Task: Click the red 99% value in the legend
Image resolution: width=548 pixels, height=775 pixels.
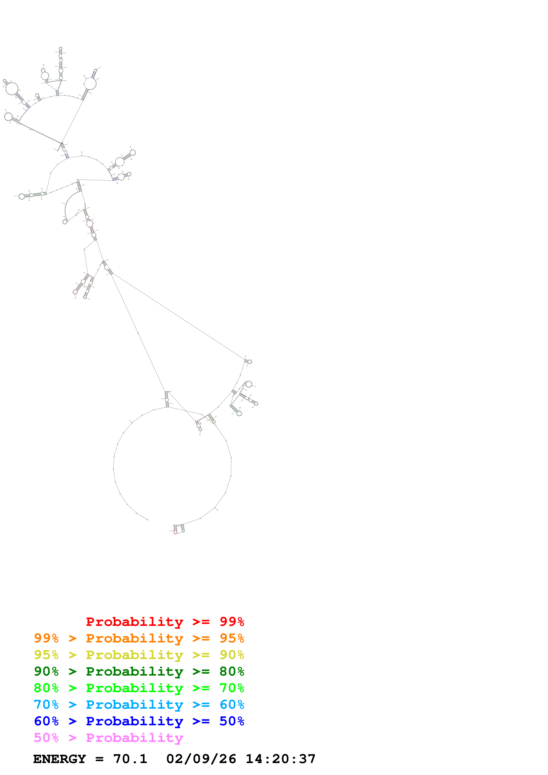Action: (x=232, y=621)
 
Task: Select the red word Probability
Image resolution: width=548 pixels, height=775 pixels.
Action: (x=134, y=621)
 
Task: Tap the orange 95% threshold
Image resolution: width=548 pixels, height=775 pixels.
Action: (x=232, y=638)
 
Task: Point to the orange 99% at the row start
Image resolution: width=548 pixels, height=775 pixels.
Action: (x=46, y=638)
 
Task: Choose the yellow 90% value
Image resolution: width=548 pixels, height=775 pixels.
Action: (x=232, y=655)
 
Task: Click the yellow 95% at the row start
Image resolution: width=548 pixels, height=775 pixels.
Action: (x=46, y=655)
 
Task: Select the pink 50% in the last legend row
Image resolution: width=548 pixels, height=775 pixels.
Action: (x=46, y=737)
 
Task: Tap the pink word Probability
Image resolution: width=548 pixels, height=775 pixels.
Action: (x=134, y=737)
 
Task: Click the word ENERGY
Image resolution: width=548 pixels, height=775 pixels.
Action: (x=59, y=759)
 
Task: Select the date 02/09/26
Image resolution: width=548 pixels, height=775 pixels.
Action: (x=201, y=759)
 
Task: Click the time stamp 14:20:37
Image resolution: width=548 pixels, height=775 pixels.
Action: (x=280, y=759)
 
